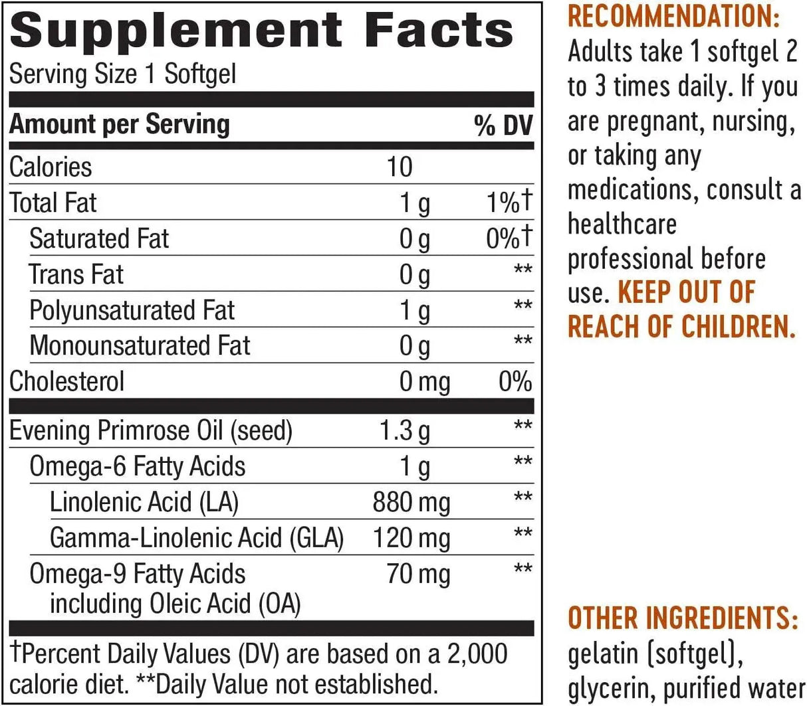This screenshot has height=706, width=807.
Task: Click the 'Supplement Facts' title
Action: [x=261, y=31]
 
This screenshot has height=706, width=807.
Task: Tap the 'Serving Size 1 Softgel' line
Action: [x=122, y=74]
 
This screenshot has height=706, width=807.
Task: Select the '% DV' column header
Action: [x=503, y=126]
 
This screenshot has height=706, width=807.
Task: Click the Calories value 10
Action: [x=400, y=167]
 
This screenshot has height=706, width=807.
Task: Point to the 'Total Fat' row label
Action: [x=53, y=203]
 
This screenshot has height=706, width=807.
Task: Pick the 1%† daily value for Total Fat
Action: [x=509, y=203]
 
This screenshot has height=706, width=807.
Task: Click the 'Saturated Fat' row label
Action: [x=99, y=238]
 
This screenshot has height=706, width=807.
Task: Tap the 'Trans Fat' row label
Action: [x=76, y=274]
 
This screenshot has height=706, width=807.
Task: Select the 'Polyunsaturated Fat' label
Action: [x=132, y=310]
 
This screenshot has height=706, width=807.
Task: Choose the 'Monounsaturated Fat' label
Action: [x=140, y=346]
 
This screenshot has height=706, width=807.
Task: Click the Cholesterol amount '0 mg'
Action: [x=424, y=383]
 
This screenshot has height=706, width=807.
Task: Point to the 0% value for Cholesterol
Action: [x=515, y=383]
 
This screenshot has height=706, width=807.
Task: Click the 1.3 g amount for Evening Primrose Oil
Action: [x=404, y=431]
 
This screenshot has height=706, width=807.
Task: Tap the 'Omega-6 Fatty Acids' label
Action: [x=138, y=466]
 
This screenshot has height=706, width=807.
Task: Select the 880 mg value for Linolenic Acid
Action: [x=411, y=502]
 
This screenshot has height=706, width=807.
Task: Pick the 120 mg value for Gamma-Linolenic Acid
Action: [x=411, y=538]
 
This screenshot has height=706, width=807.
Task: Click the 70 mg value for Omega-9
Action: [x=418, y=574]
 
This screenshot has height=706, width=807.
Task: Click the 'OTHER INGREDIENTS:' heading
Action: [x=683, y=618]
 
